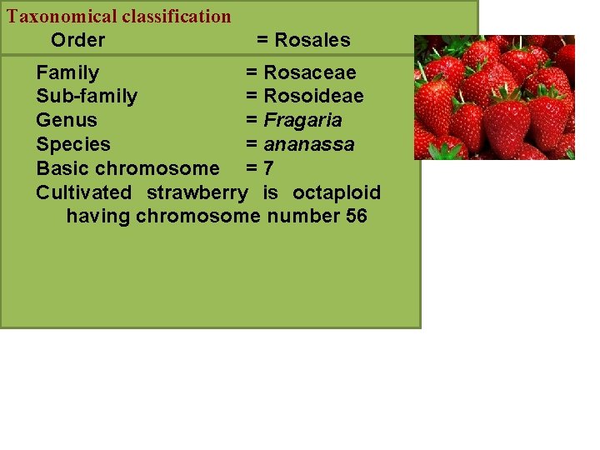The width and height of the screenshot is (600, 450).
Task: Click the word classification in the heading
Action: [177, 16]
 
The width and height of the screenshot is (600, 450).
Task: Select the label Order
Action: [77, 40]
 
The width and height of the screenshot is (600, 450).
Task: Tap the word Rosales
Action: [312, 40]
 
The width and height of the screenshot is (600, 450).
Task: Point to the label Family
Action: [67, 73]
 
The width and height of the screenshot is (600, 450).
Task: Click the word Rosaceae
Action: [309, 73]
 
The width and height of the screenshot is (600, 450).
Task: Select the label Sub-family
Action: [87, 97]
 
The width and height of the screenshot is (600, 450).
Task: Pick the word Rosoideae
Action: [313, 97]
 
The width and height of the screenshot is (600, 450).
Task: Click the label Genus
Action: [67, 121]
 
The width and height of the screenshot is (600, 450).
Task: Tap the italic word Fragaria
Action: [302, 121]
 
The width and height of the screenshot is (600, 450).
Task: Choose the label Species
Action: [73, 145]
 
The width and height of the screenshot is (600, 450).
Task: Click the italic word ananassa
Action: [309, 145]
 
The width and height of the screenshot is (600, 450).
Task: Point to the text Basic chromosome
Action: [127, 168]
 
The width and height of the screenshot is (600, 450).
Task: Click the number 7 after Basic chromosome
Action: [268, 168]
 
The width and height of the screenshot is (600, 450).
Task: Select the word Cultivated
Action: [83, 193]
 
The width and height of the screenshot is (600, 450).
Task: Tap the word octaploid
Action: [337, 193]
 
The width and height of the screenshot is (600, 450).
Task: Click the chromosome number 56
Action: [355, 217]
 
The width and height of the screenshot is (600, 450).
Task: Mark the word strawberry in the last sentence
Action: [197, 193]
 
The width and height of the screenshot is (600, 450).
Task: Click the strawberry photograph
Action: [494, 97]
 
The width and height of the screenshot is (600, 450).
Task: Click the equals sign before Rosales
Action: [262, 40]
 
